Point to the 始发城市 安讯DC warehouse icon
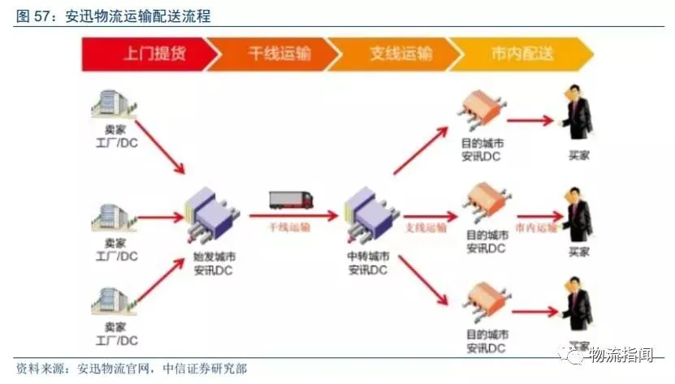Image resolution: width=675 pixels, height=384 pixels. click(x=211, y=215)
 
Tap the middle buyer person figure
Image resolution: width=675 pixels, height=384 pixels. click(x=578, y=215)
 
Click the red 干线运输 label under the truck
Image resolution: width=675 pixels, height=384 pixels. click(x=290, y=228)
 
